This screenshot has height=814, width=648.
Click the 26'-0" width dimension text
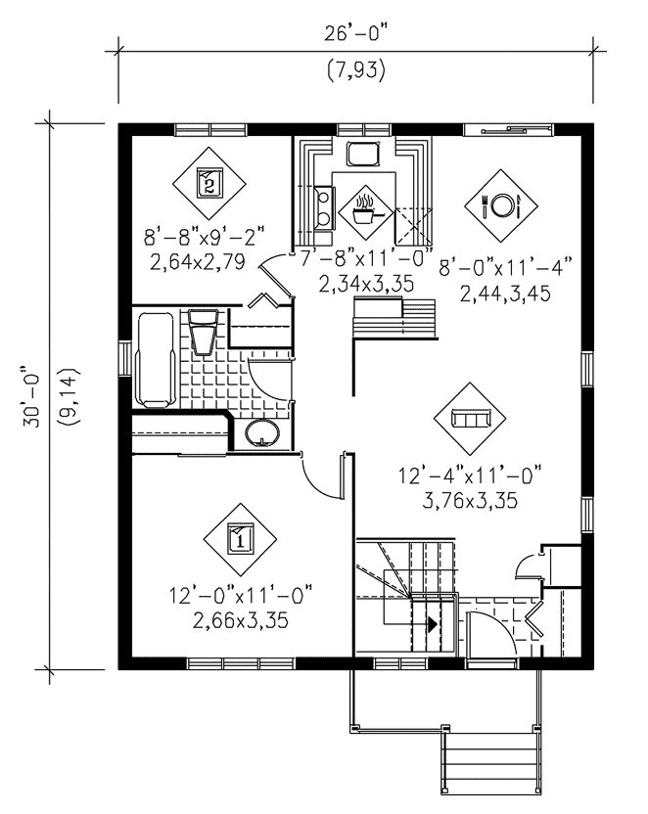tap(356, 33)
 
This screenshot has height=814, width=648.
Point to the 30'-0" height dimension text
tap(31, 397)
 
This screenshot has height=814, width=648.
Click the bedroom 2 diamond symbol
tap(209, 183)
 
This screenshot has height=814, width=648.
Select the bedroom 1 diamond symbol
tap(240, 539)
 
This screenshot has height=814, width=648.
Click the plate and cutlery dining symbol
tap(501, 205)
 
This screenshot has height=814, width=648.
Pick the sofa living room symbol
tap(471, 419)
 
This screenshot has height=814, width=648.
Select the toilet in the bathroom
tap(203, 332)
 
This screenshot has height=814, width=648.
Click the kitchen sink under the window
tap(363, 154)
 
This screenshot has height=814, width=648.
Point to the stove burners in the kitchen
tap(323, 206)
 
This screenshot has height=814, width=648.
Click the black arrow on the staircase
tap(432, 624)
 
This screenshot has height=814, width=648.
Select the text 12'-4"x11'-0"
tap(471, 475)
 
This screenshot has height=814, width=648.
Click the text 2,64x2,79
tap(198, 261)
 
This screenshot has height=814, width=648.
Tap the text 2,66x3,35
tap(241, 620)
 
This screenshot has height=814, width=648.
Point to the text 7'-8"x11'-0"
tap(367, 258)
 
